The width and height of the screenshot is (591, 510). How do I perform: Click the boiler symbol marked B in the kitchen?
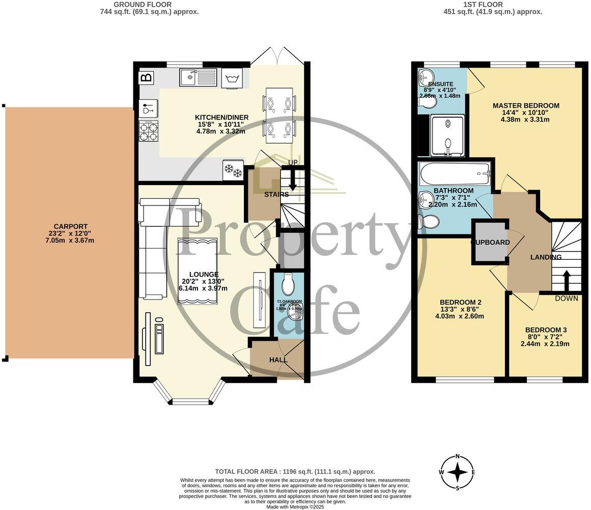(146, 78)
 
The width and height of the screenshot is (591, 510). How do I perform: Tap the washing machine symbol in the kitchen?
(232, 79)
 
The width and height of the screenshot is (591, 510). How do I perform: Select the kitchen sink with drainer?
(198, 78)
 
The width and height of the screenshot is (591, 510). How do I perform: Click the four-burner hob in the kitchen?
(148, 130)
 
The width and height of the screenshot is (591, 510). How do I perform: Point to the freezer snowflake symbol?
(233, 170)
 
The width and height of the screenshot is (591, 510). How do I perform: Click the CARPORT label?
(70, 227)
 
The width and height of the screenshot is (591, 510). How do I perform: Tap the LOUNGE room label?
(202, 275)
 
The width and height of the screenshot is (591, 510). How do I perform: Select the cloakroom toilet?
(288, 286)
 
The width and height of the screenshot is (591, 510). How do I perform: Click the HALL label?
(278, 359)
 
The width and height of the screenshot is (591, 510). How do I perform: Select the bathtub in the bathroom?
(455, 174)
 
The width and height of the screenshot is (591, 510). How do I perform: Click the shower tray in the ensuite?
(447, 134)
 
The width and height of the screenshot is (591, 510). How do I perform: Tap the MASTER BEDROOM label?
(525, 106)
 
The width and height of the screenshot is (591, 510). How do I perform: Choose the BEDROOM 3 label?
(546, 330)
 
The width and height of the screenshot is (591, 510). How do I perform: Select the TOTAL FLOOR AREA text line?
(295, 471)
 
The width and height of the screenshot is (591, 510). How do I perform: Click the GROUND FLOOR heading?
(149, 5)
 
